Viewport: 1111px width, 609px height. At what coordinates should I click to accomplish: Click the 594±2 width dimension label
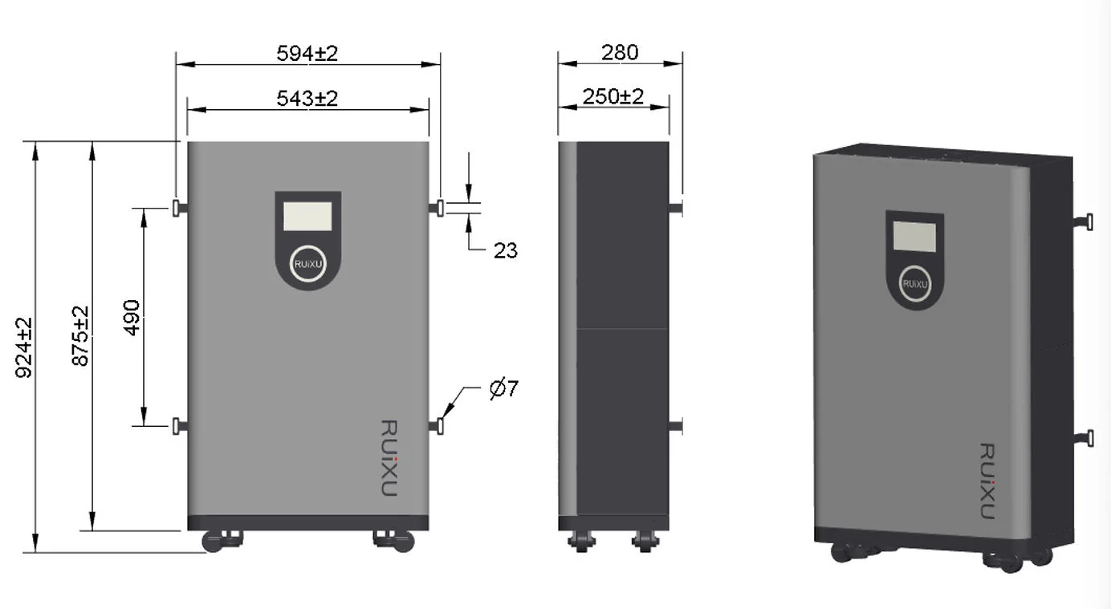point(307,53)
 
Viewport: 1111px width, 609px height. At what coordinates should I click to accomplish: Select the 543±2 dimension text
point(307,98)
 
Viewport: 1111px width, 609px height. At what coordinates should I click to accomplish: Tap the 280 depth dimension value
point(620,52)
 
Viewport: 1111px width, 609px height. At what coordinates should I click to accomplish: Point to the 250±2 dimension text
point(613,96)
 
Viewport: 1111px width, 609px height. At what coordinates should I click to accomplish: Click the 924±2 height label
point(25,347)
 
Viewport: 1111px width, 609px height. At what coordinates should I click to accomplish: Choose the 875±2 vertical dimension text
point(80,336)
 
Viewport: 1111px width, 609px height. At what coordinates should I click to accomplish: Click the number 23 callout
point(505,250)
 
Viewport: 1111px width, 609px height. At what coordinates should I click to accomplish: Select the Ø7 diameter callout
point(504,389)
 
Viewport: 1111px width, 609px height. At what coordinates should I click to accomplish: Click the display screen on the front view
point(307,215)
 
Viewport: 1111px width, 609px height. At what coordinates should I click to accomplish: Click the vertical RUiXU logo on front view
point(388,457)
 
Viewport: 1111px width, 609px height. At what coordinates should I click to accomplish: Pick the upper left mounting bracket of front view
point(179,209)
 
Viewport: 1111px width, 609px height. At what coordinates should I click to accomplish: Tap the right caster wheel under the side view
point(643,541)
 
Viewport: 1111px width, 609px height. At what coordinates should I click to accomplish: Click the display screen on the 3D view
point(914,236)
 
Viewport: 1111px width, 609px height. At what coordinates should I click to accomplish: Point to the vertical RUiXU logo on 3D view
point(987,481)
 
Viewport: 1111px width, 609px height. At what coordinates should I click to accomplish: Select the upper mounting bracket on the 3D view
point(1085,221)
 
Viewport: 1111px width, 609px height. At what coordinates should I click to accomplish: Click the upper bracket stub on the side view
point(676,209)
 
